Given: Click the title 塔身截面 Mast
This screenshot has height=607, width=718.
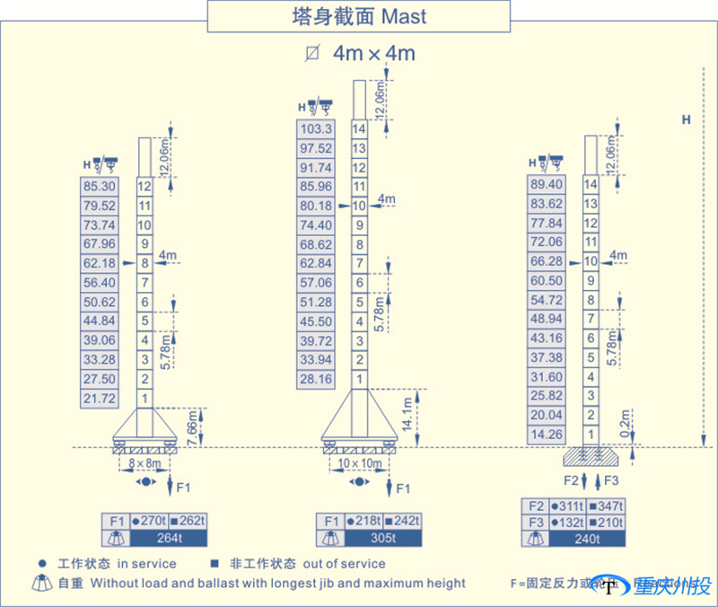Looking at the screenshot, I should (x=359, y=16).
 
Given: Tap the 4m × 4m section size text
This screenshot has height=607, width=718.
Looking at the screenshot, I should (x=373, y=53).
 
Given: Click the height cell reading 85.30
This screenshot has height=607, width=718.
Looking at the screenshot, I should (x=99, y=187).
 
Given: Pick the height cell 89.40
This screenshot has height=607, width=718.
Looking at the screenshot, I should (x=547, y=185).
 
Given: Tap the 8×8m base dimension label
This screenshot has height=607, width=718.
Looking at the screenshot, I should (x=144, y=463).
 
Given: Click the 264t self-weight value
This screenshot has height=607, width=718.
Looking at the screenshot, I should (x=169, y=539).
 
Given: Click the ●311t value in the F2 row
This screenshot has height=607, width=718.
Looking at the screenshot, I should (x=568, y=506).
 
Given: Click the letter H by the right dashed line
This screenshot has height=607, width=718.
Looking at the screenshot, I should (x=686, y=119).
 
